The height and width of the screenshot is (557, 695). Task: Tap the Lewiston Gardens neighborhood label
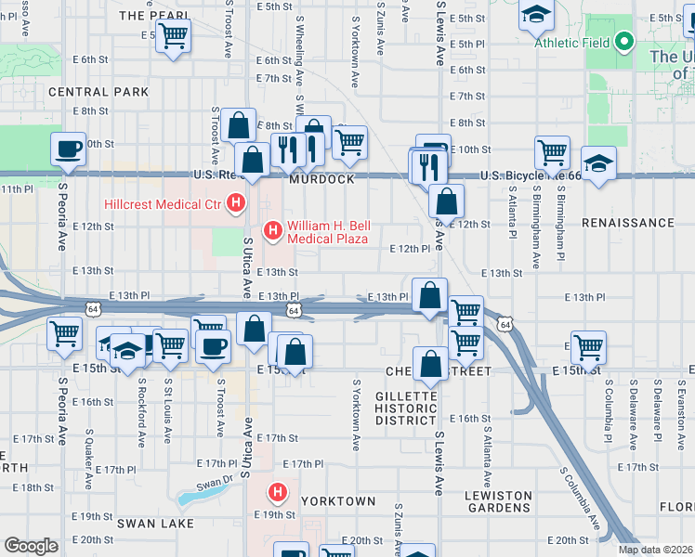click(x=498, y=501)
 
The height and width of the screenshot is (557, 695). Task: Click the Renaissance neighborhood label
click(x=627, y=223)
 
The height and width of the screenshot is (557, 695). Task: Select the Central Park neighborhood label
click(x=98, y=92)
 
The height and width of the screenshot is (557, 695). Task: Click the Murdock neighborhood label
click(x=322, y=180)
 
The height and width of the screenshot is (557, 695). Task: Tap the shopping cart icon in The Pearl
click(x=173, y=37)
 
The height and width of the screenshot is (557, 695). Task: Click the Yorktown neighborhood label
click(x=337, y=501)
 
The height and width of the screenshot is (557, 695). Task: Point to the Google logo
click(x=31, y=546)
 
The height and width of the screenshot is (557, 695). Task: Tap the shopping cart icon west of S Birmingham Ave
click(x=552, y=150)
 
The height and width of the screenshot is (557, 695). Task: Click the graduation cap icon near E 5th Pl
click(x=536, y=14)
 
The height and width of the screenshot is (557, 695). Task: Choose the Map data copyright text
click(x=654, y=550)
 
